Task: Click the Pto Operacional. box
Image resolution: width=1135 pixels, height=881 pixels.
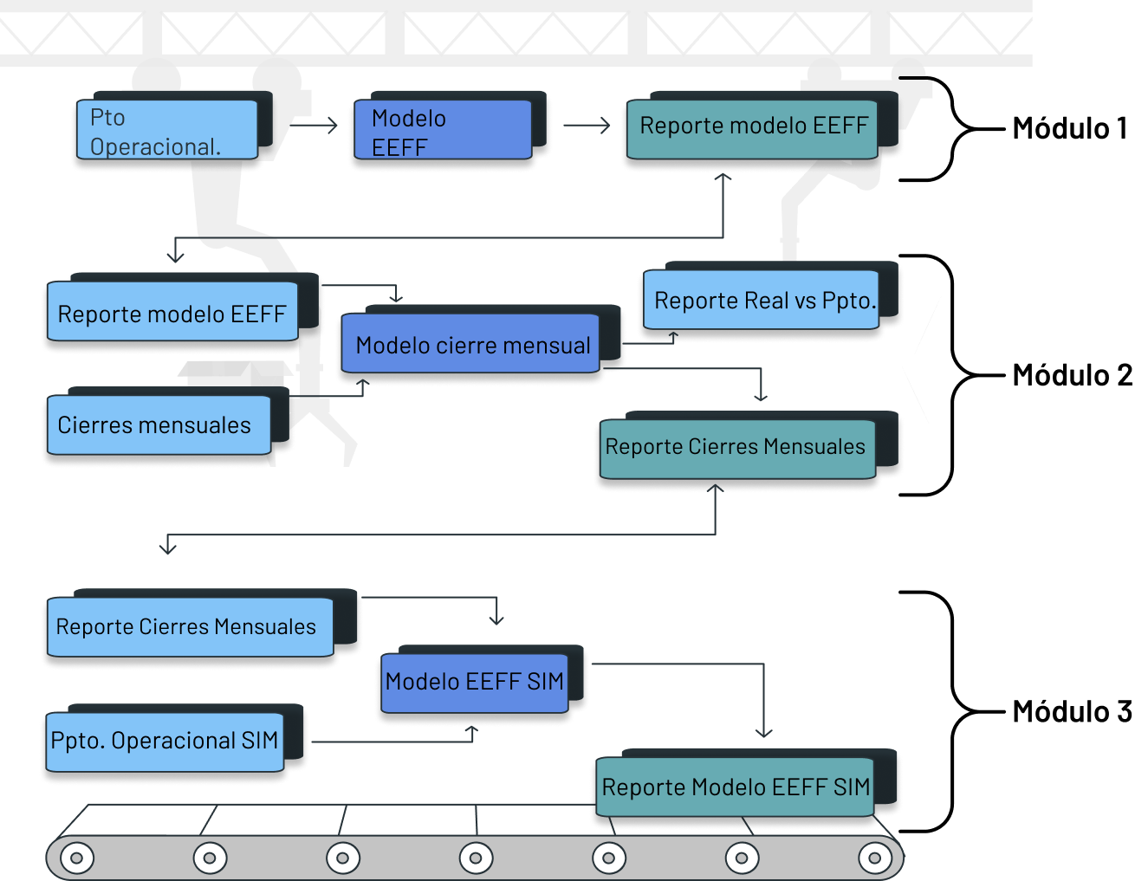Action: [167, 130]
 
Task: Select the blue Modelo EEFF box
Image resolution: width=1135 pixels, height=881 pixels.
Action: [443, 131]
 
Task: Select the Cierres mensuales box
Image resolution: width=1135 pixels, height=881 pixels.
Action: [159, 425]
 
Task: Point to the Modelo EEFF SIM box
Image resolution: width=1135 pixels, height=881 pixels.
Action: [475, 683]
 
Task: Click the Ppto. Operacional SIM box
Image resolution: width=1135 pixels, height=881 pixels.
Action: [165, 742]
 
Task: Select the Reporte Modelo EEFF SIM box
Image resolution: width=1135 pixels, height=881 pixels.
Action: [735, 787]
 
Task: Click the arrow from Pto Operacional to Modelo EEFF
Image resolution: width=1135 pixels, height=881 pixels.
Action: [314, 126]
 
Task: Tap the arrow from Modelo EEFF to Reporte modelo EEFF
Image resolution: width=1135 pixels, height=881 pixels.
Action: [587, 126]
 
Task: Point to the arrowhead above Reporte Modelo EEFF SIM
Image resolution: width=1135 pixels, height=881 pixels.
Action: [763, 733]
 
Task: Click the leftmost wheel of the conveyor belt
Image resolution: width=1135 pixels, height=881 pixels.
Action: [77, 858]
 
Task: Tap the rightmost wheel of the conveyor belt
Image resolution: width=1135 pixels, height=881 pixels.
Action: [874, 858]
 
